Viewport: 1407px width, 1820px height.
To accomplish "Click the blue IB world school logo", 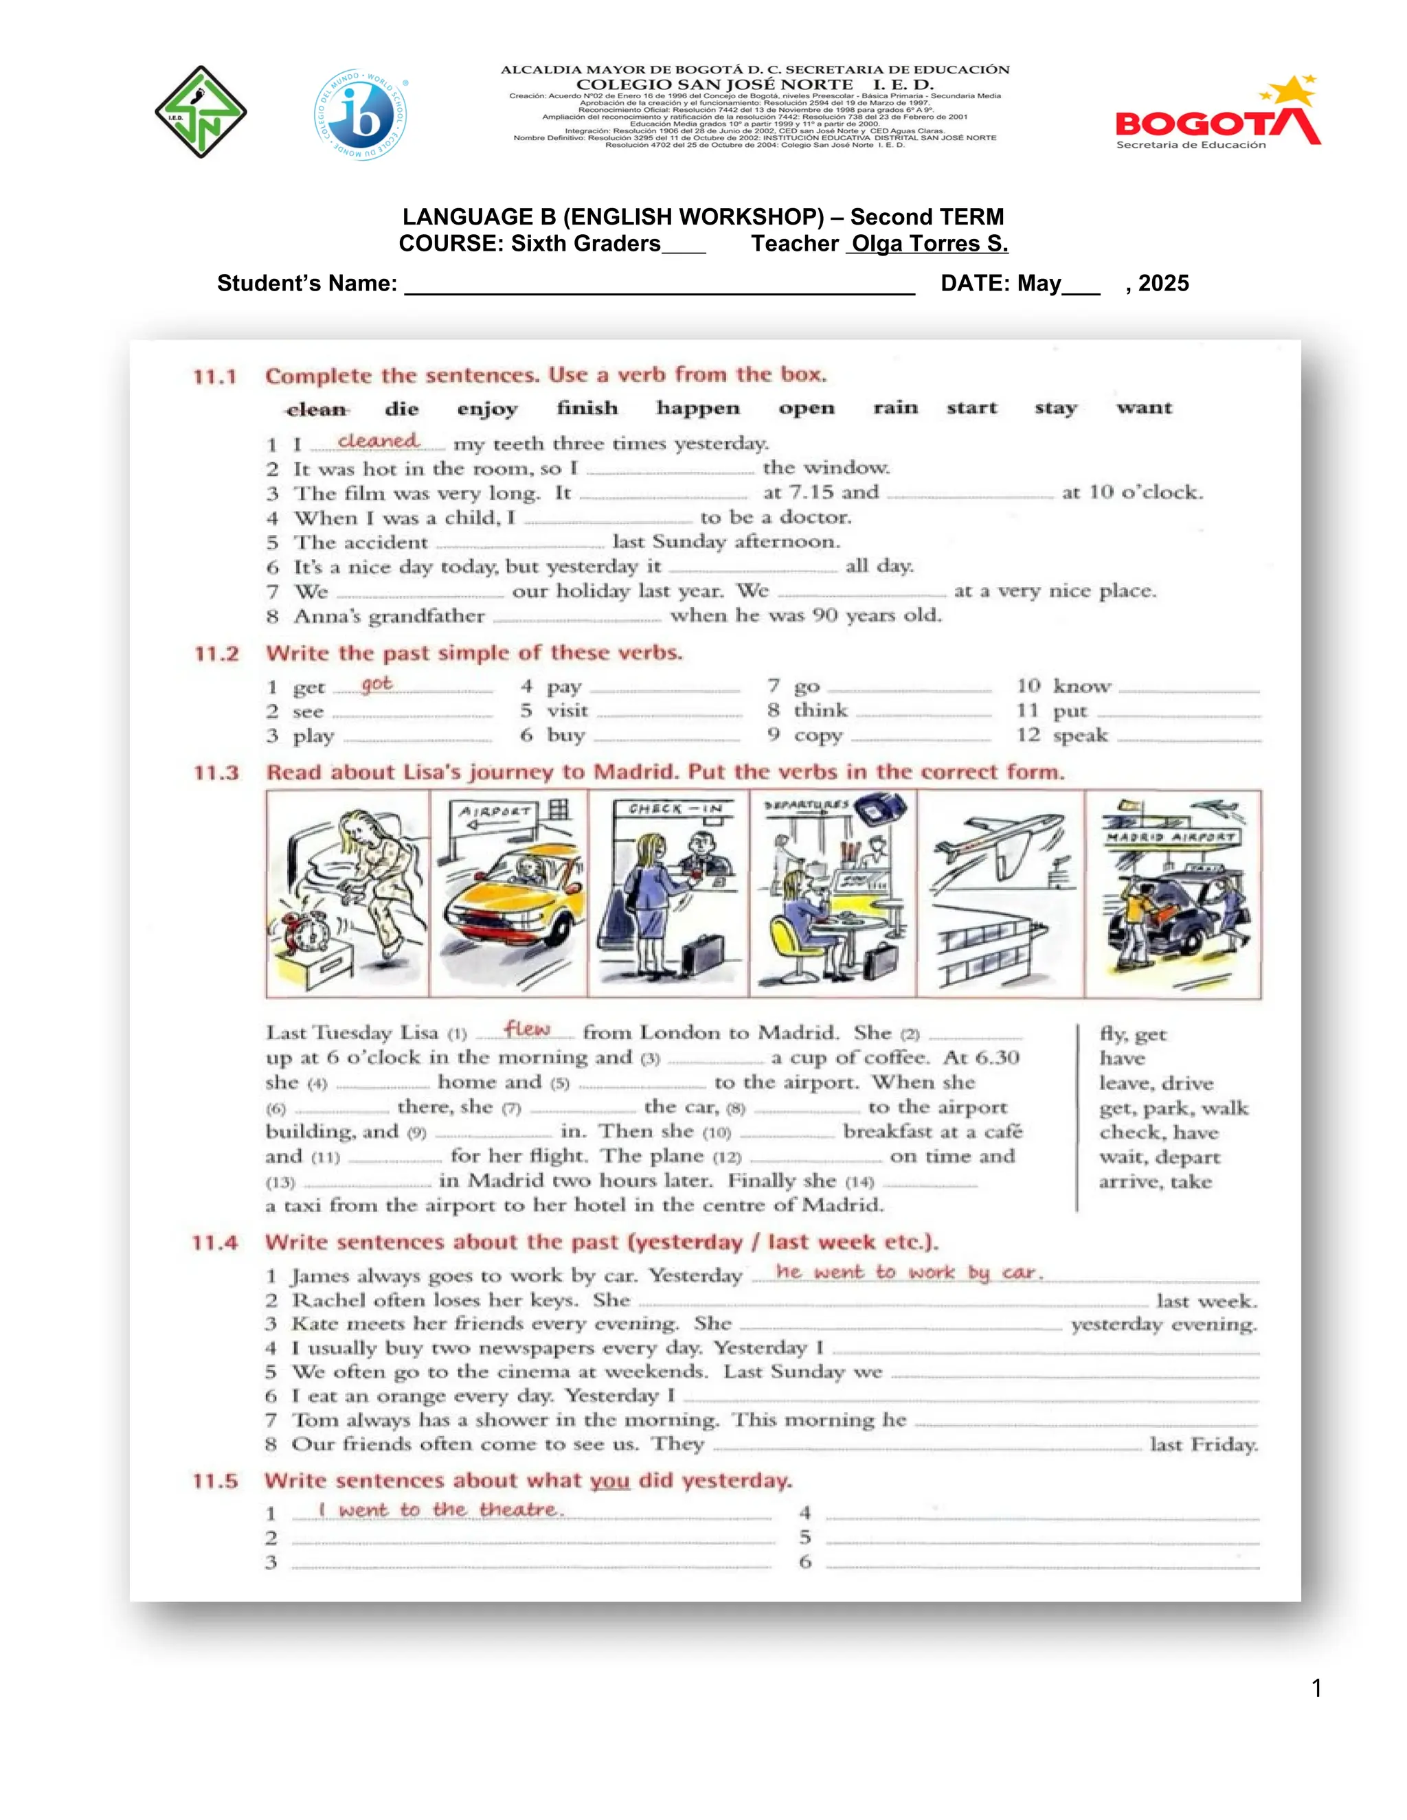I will [361, 115].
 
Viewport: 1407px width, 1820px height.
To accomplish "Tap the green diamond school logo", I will [200, 113].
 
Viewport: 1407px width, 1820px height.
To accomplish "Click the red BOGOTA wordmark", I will [1200, 124].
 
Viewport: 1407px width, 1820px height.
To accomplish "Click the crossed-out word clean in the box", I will [316, 409].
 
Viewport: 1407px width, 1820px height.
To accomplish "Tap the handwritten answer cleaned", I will [378, 441].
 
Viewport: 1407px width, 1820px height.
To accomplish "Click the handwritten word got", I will [376, 683].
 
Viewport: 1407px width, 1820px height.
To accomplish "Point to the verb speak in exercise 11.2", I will [1080, 735].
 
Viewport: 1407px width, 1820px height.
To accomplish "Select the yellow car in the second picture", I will [508, 917].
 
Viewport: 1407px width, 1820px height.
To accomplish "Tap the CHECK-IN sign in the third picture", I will [676, 808].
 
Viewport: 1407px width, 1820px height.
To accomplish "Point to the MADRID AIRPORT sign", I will [1171, 837].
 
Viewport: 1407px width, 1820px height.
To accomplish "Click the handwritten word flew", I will [527, 1030].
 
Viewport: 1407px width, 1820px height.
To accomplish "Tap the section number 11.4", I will [214, 1242].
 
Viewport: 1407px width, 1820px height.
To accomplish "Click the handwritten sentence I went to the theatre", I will [441, 1509].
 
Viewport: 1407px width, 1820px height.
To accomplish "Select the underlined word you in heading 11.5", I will [609, 1481].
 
